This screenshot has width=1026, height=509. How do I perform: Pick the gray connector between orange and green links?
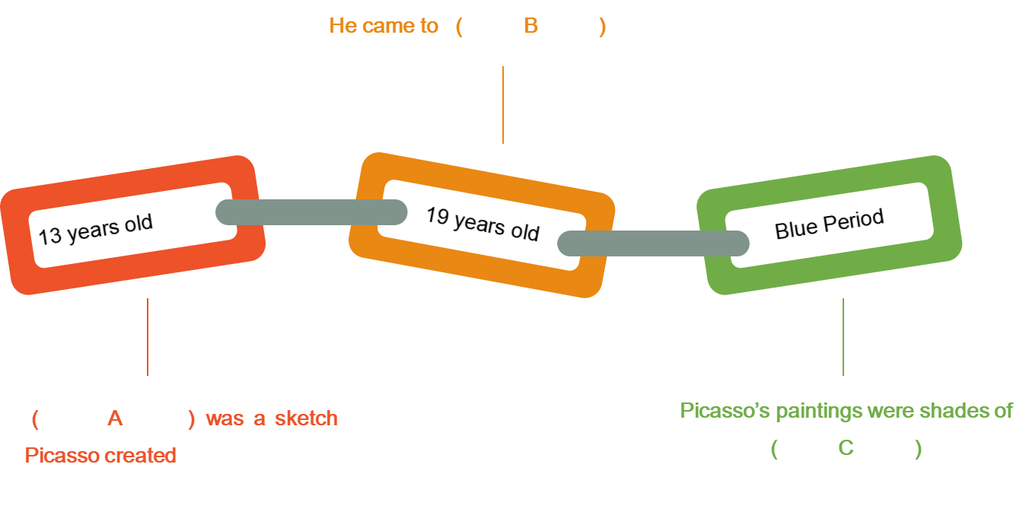[653, 243]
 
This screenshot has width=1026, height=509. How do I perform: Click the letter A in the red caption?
[115, 418]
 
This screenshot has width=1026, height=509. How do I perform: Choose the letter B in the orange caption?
[531, 27]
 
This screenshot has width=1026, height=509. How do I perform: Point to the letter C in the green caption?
[846, 448]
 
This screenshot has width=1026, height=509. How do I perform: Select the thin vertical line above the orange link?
[503, 105]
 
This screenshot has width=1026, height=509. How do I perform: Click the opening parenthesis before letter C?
[774, 449]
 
